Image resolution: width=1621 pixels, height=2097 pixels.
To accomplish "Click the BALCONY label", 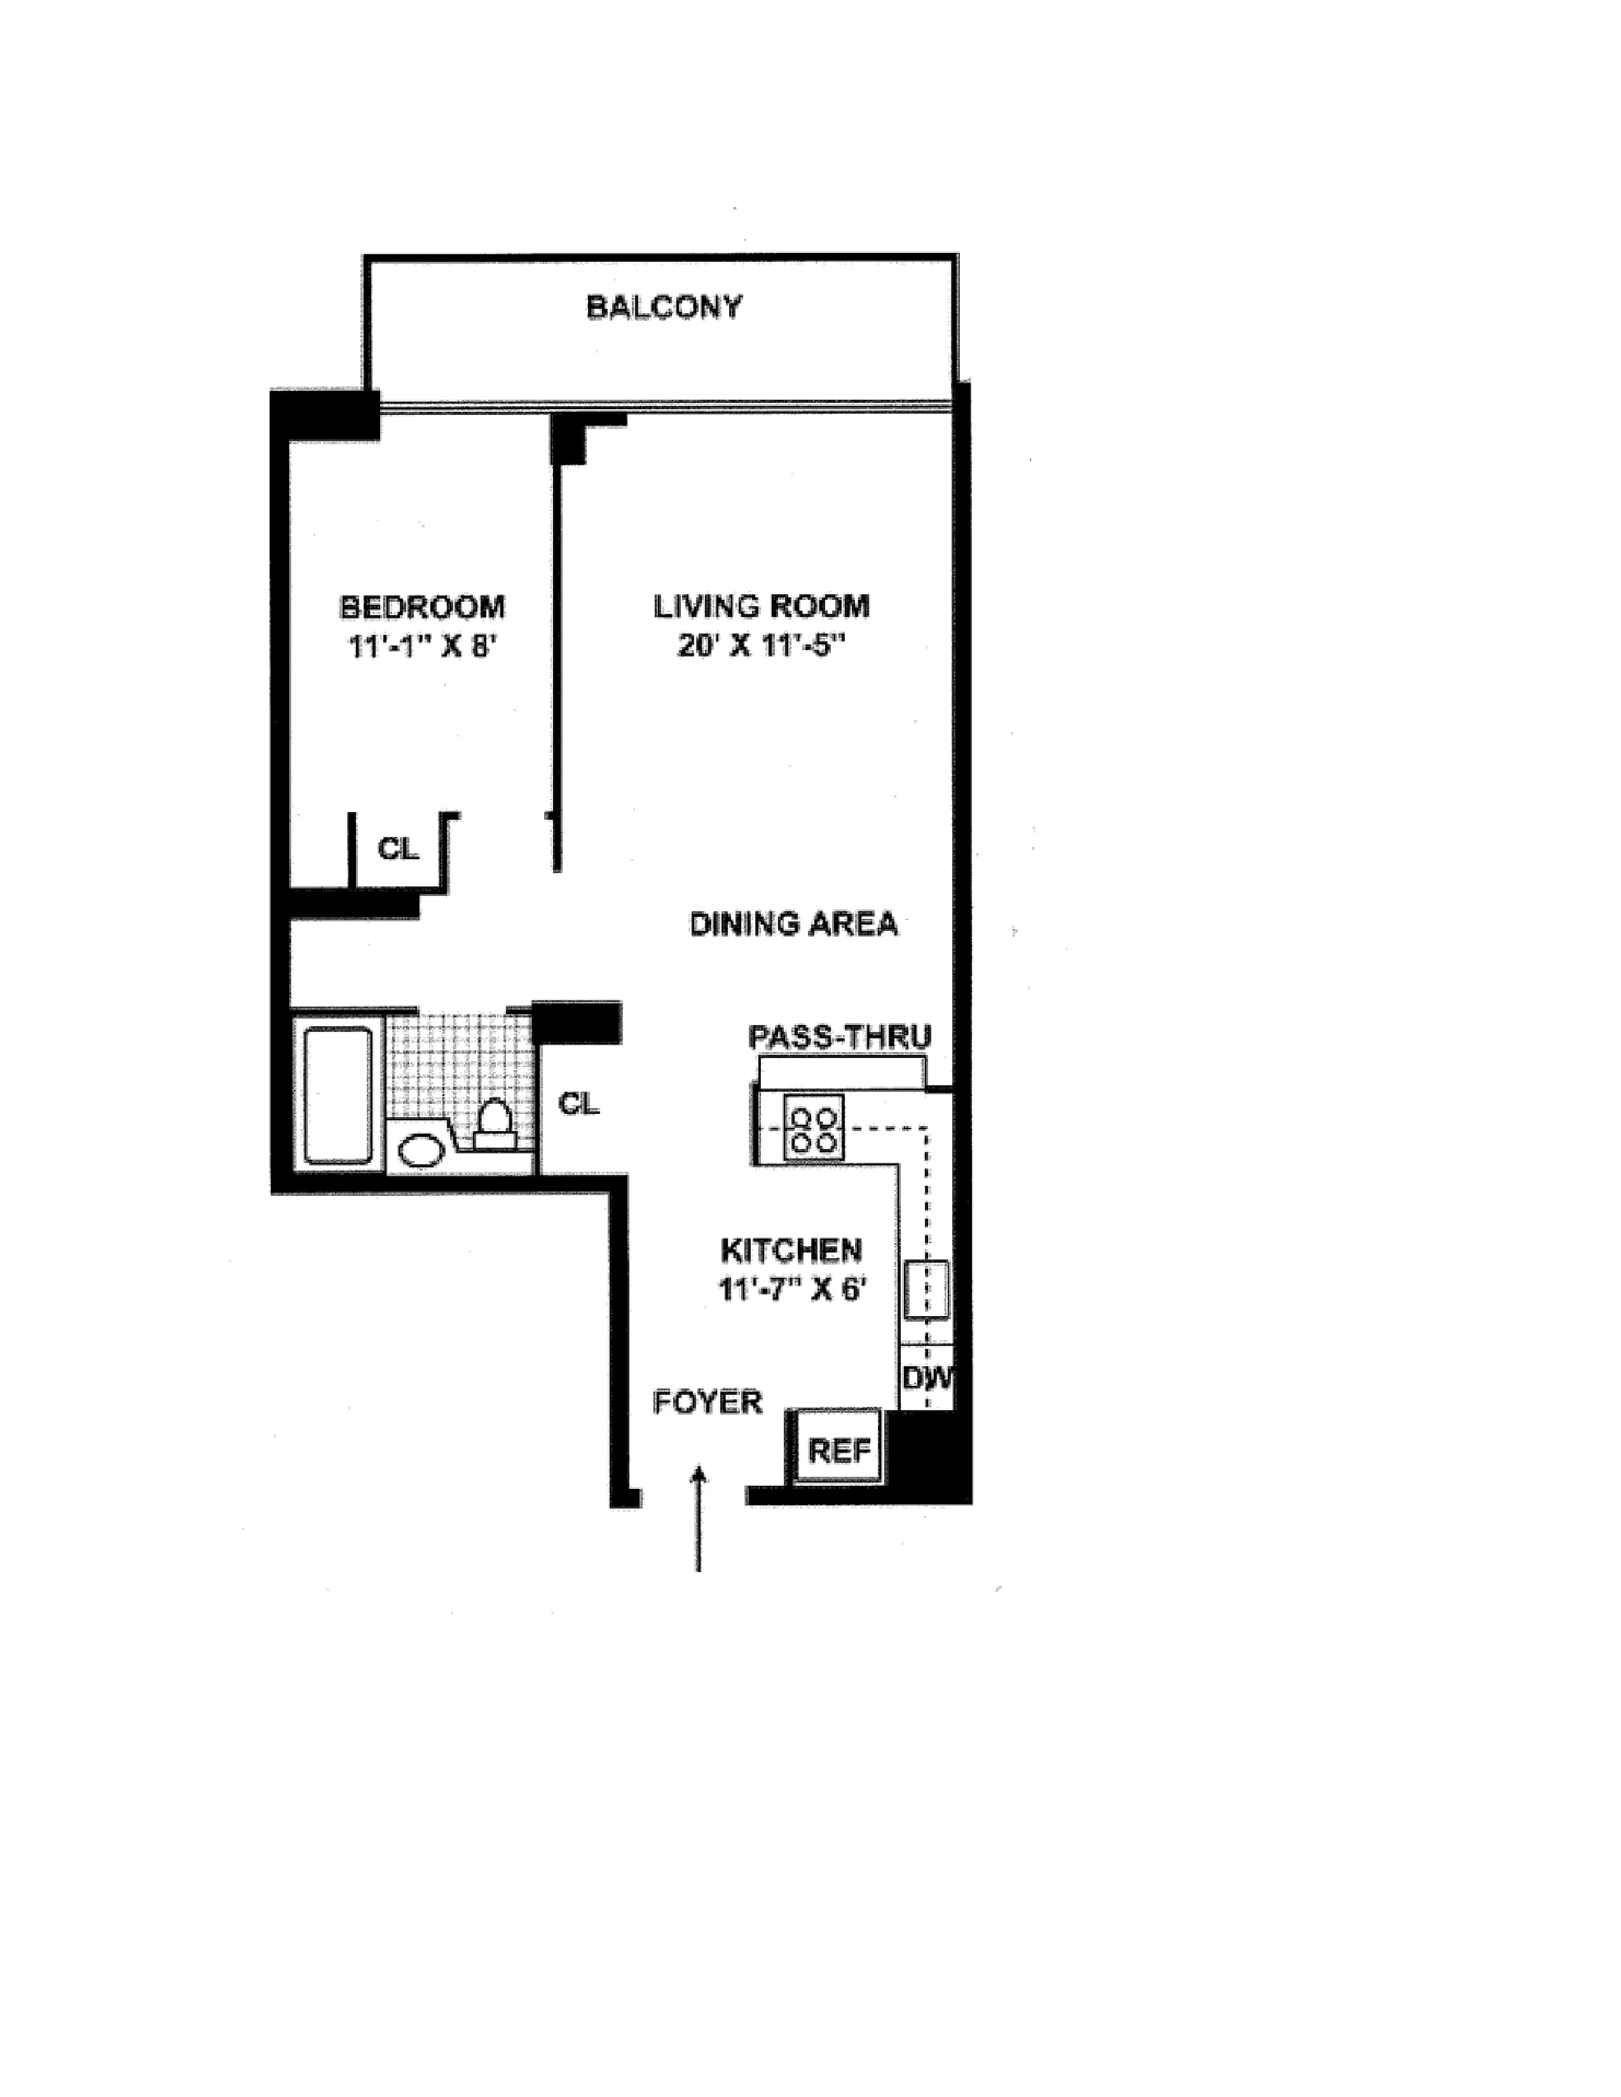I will tap(664, 308).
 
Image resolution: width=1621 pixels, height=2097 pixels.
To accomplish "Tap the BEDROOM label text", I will tap(423, 607).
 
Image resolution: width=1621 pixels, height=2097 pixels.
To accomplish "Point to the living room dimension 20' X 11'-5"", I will tap(762, 645).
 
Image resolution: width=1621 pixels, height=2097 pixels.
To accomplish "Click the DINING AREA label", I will tap(793, 924).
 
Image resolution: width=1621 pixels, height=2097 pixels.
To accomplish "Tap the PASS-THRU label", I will tap(839, 1037).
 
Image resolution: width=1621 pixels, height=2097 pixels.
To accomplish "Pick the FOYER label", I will tap(708, 1403).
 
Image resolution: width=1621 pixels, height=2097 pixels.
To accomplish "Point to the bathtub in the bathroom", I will tap(338, 1095).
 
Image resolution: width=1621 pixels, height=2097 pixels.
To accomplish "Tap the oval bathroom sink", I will tap(420, 1150).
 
